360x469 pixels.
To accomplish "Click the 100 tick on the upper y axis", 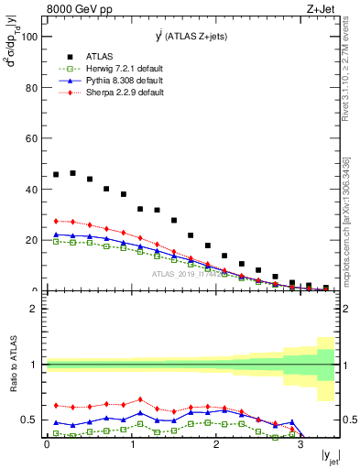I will tap(29, 38).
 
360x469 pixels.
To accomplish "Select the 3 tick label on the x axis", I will tap(300, 444).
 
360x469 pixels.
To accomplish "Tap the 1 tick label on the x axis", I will tap(131, 444).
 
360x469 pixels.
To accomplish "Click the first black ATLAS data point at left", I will tap(56, 174).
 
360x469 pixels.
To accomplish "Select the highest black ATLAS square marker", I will tap(72, 172).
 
